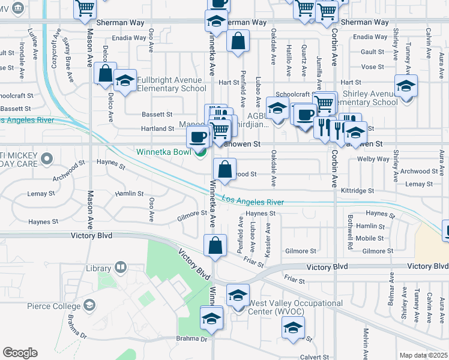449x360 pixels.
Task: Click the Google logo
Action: pos(20,352)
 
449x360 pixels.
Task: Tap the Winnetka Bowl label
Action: pos(161,152)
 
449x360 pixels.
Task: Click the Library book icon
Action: pos(120,268)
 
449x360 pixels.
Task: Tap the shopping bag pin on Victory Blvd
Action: pos(215,246)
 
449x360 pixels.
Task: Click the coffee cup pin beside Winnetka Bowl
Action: pos(198,139)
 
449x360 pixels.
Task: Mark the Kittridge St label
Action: pos(358,190)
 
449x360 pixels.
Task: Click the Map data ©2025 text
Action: pos(423,355)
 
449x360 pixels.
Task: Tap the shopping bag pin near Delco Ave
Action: pos(105,75)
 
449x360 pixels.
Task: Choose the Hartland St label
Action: pos(158,128)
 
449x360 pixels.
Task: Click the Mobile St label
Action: pos(366,238)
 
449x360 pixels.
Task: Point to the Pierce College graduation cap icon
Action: pos(89,305)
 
